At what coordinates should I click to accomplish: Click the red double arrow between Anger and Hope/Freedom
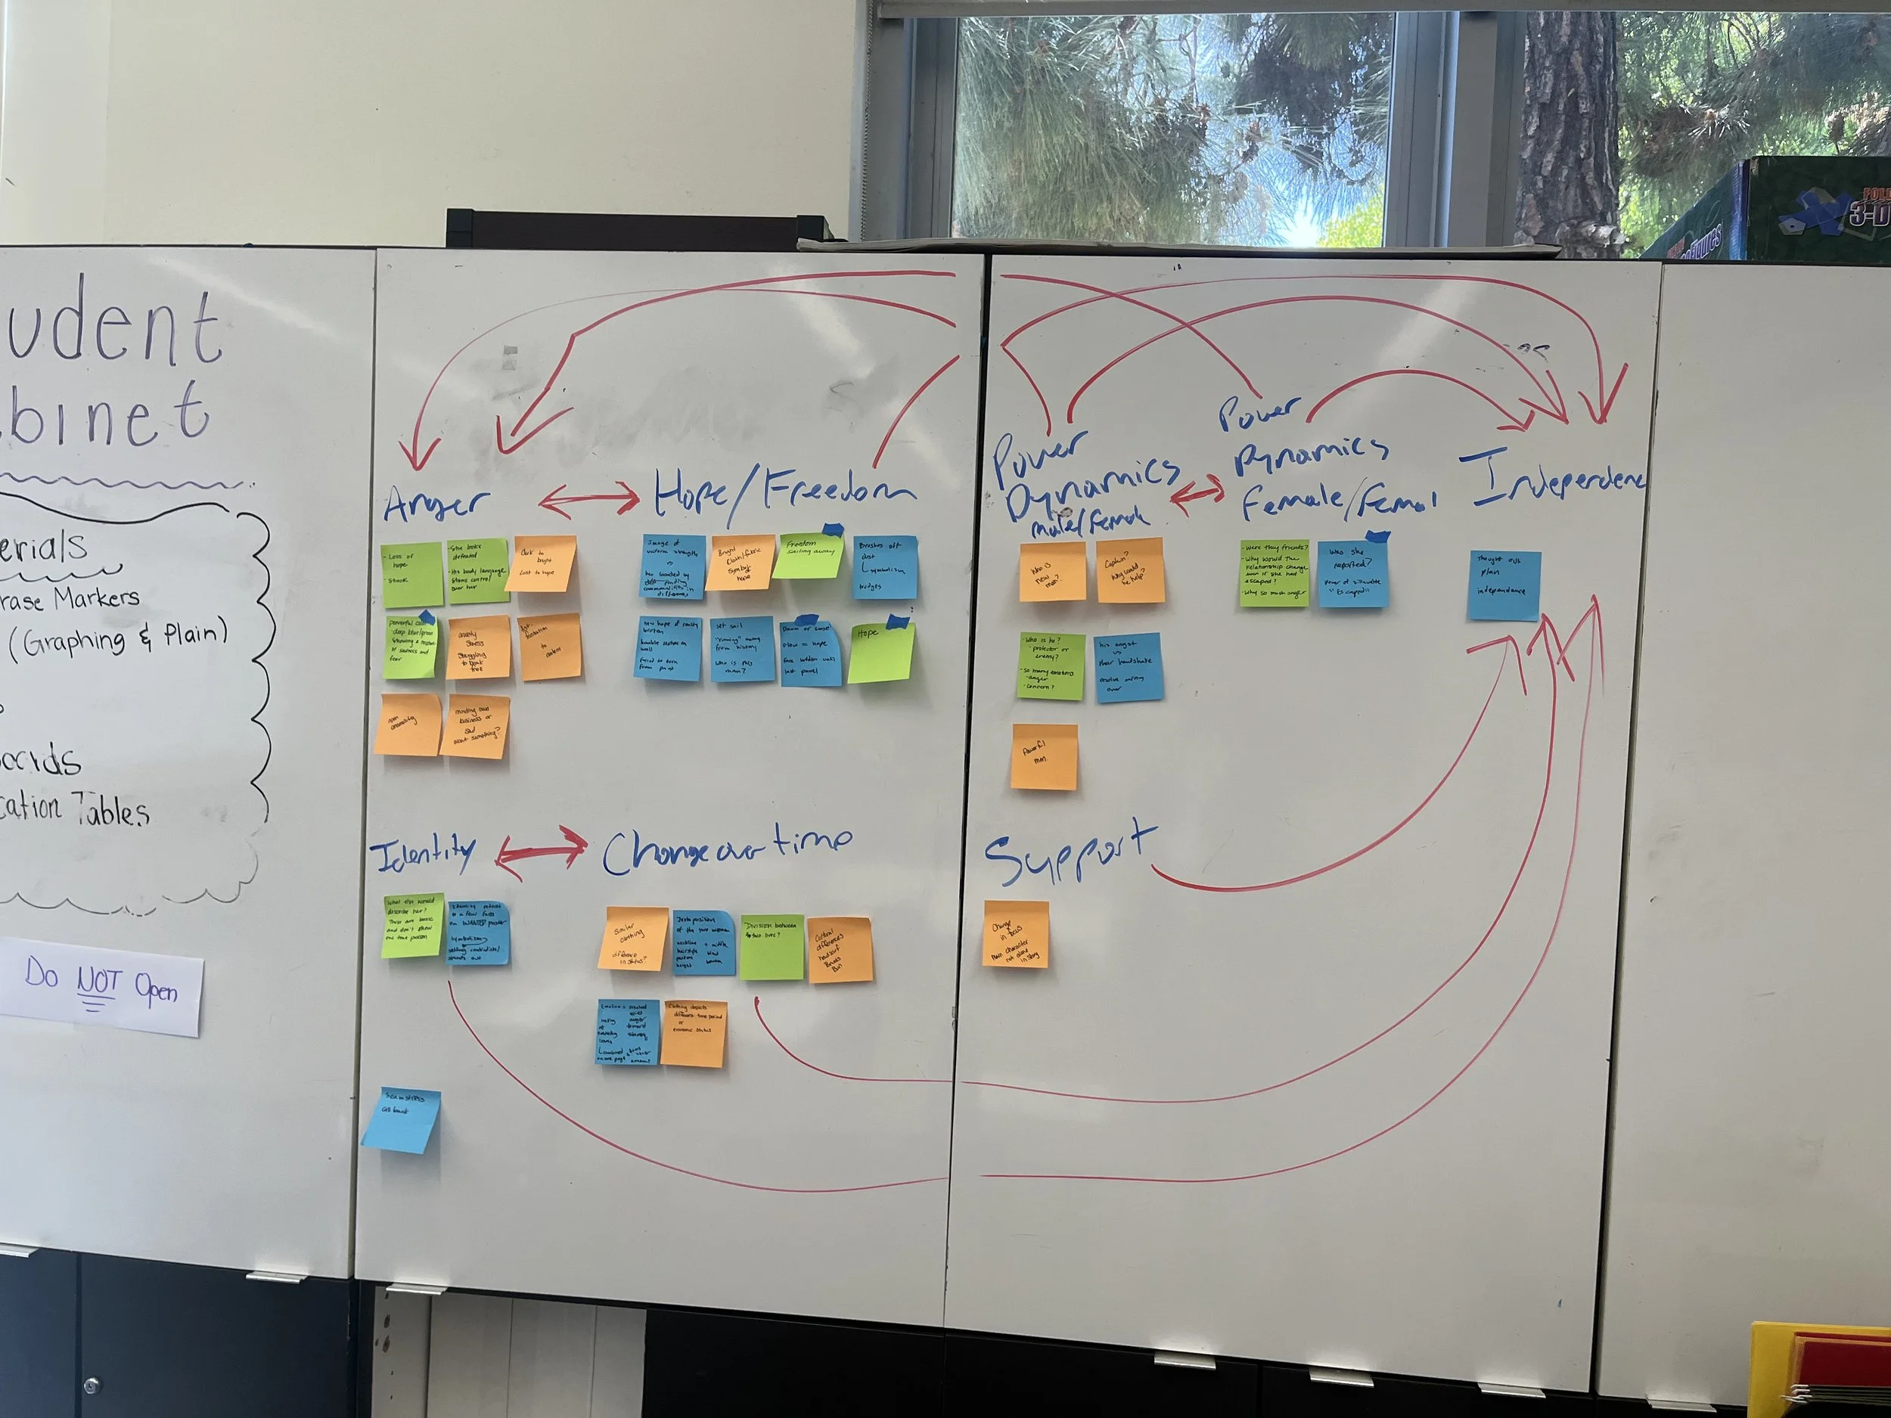pos(589,500)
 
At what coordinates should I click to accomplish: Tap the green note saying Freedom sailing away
pos(808,556)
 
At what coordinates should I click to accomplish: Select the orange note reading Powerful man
pos(1044,757)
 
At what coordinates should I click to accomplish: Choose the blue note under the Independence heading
pos(1504,585)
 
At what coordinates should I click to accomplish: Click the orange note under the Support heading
pos(1016,934)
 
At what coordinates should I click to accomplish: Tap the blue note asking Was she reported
pos(1352,574)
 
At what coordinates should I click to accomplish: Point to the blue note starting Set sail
pos(742,650)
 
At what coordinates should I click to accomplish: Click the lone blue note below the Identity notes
pos(400,1121)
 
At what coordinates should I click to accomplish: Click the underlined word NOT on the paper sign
pos(98,984)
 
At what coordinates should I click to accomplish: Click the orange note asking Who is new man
pos(1051,572)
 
